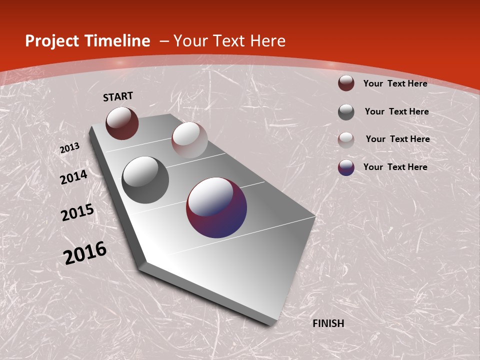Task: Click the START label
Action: pos(118,96)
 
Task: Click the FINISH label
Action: pos(328,323)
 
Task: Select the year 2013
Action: pos(70,148)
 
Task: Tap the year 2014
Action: pos(74,177)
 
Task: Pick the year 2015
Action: pos(77,212)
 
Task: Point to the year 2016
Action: pos(85,252)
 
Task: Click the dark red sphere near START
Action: pos(122,123)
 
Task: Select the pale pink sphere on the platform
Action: pos(189,140)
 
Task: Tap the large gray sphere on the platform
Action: pos(145,180)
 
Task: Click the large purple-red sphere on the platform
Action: pos(216,207)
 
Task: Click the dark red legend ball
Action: pos(346,83)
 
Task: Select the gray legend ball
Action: pos(346,112)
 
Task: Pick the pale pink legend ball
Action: pos(346,140)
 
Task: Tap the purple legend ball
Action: pos(346,167)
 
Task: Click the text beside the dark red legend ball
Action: pos(395,83)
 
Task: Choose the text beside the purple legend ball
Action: pos(395,167)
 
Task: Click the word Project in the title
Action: pos(51,41)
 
